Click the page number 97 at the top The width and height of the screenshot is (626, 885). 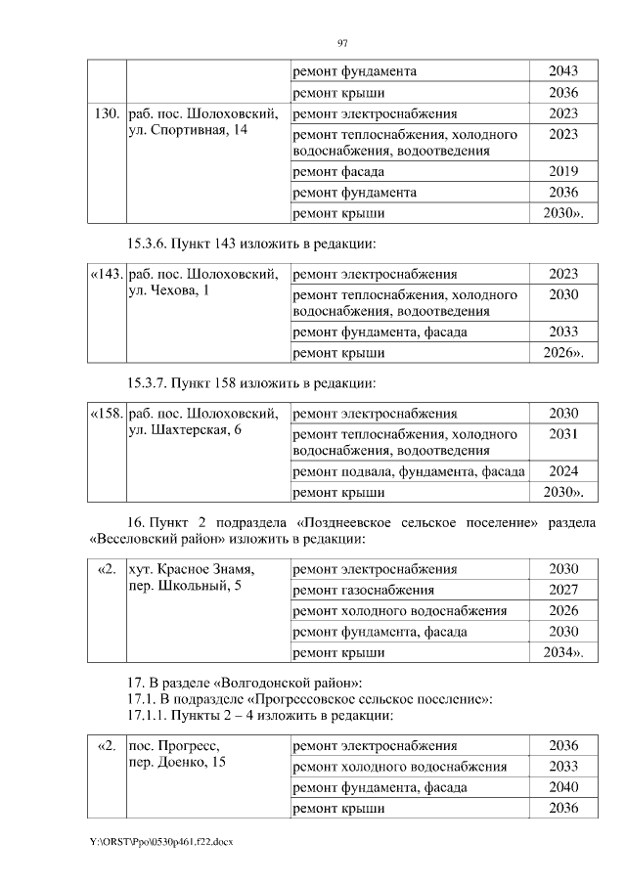coord(342,43)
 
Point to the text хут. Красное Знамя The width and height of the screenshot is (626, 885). coord(192,569)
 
